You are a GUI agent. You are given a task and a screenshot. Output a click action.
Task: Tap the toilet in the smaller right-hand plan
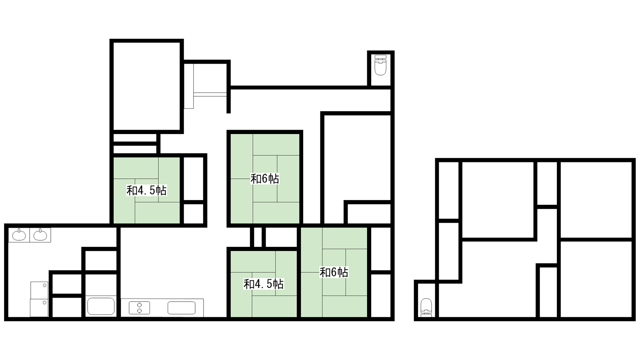point(426,308)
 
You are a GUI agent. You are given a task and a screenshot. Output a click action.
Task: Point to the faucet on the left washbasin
point(19,230)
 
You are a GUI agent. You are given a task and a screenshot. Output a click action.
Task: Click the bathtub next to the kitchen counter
point(101,306)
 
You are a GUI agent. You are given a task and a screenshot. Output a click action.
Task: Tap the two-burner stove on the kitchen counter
point(140,308)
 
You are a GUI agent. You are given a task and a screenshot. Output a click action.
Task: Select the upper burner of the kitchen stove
point(140,305)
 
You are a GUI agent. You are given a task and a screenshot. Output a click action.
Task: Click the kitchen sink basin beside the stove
point(182,308)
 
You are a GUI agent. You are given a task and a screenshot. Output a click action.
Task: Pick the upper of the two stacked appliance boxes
point(39,290)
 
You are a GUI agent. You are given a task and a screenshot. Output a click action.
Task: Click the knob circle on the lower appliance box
point(44,302)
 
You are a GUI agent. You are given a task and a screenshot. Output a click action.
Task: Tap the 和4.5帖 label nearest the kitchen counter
point(264,284)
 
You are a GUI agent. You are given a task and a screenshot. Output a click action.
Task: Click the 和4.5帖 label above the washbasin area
point(146,190)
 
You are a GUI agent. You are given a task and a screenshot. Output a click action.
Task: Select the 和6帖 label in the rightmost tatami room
point(334,272)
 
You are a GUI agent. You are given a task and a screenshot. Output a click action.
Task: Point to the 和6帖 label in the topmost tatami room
point(265,178)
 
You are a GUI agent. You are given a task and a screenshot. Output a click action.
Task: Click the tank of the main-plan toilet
point(380,57)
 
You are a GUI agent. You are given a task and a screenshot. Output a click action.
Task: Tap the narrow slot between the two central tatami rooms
point(258,237)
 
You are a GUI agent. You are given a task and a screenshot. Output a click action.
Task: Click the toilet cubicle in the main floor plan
point(380,69)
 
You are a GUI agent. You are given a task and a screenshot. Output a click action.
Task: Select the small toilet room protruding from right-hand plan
point(426,300)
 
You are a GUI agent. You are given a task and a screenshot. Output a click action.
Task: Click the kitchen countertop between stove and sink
point(158,308)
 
